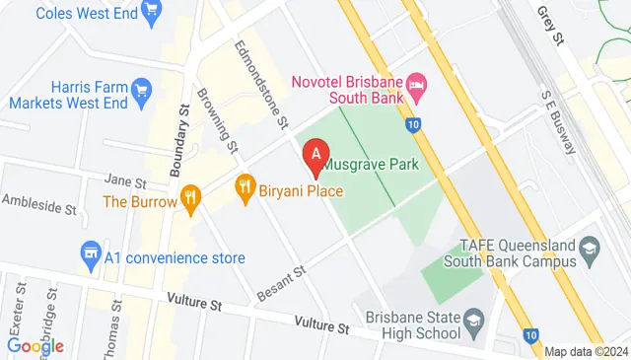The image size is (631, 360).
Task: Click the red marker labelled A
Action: click(315, 155)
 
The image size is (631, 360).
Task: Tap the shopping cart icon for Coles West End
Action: click(151, 13)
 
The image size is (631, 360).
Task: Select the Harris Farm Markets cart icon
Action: click(140, 92)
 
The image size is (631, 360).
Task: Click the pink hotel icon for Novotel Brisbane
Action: click(416, 86)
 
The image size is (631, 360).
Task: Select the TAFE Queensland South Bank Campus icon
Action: click(591, 246)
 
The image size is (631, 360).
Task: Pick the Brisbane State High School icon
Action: click(473, 322)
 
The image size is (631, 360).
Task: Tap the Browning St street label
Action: click(219, 122)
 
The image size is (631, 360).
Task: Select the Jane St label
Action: click(124, 182)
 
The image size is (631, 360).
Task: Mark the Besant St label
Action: click(276, 282)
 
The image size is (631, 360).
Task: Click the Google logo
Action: click(35, 346)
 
